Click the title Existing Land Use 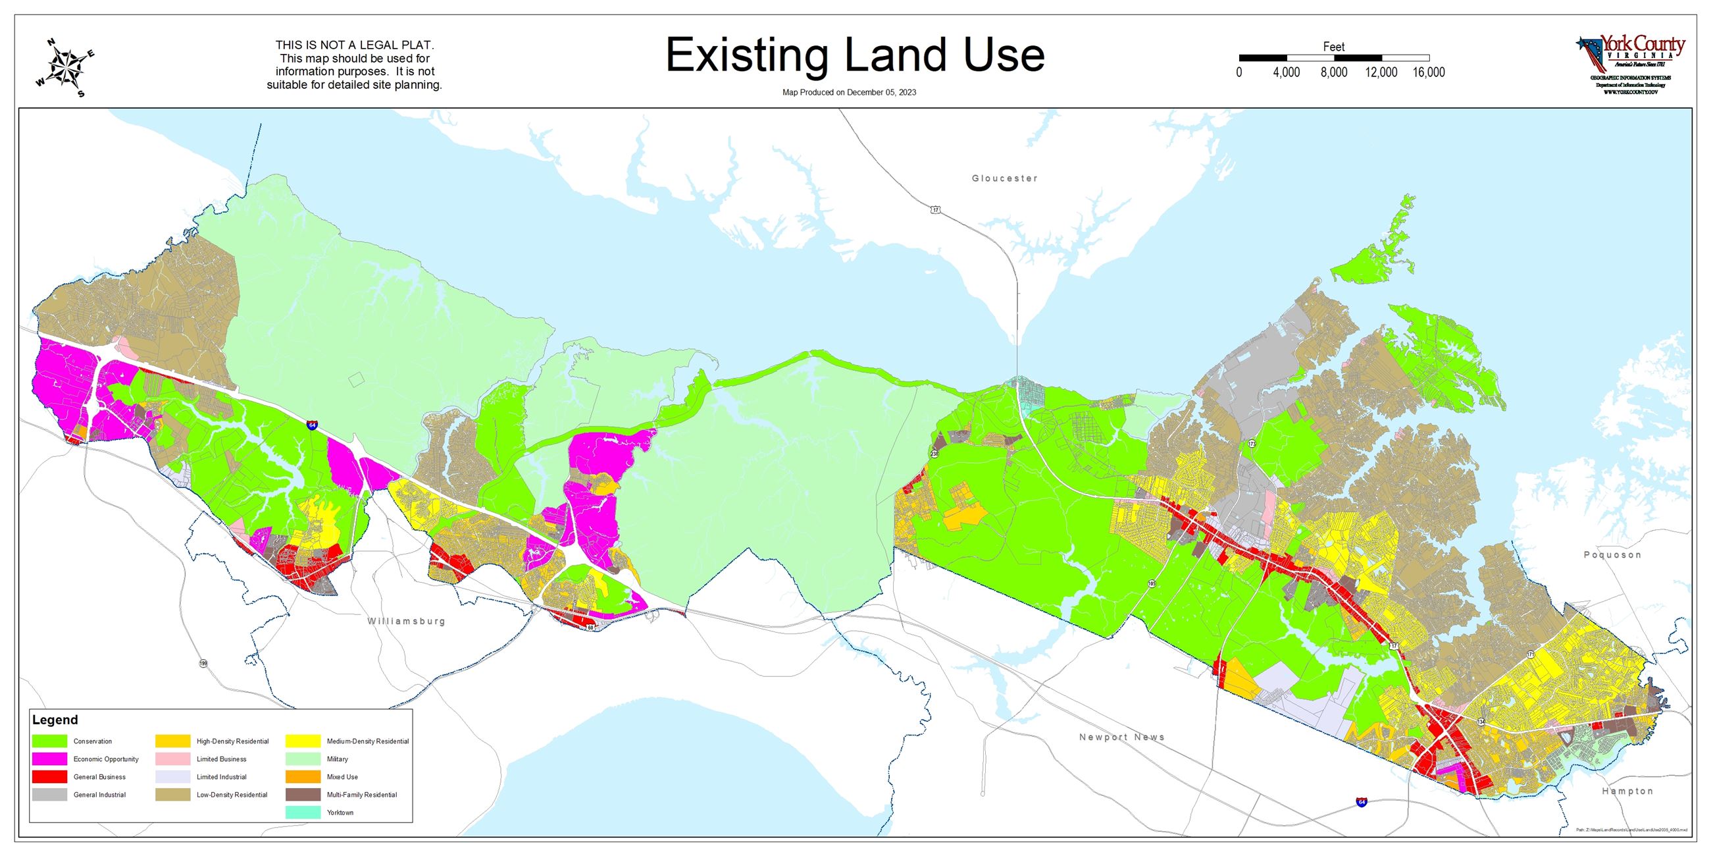pos(855,55)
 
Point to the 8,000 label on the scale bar pos(1334,72)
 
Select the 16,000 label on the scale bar pos(1429,72)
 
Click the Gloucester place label pos(1004,178)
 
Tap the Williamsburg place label pos(407,622)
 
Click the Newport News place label pos(1122,737)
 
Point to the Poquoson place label pos(1612,555)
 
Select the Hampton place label pos(1627,791)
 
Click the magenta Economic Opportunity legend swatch pos(50,759)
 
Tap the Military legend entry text pos(338,759)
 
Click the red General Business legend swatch pos(50,777)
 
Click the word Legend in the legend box pos(55,720)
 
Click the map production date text pos(849,92)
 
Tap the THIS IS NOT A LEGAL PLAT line pos(355,45)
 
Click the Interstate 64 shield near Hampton pos(1361,802)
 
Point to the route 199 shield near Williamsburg pos(203,663)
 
